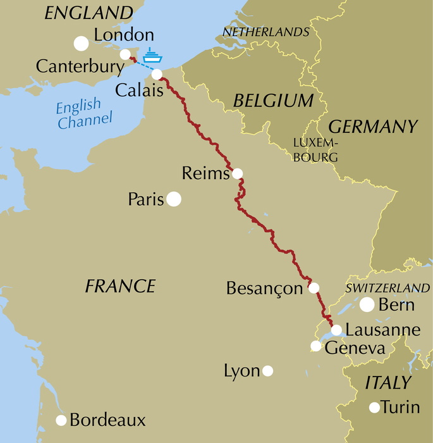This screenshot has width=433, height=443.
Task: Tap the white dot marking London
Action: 81,43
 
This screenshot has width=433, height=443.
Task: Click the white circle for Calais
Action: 157,74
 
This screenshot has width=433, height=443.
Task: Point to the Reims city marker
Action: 237,173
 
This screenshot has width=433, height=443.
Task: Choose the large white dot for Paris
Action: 174,199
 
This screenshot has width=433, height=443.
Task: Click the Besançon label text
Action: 264,289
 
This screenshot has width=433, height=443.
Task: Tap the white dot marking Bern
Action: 367,304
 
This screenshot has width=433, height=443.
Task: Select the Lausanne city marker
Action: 336,330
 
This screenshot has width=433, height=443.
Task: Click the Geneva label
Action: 355,349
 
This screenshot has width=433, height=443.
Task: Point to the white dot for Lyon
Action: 268,370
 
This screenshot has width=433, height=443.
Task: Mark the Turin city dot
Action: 375,407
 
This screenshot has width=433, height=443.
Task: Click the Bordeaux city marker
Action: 61,420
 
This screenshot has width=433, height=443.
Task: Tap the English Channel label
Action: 83,113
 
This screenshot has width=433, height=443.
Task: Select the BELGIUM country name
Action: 273,101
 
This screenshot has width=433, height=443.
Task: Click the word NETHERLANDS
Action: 266,32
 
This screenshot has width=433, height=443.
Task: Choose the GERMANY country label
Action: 374,127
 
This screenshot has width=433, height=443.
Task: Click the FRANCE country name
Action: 120,286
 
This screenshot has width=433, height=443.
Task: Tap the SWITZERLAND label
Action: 387,288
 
